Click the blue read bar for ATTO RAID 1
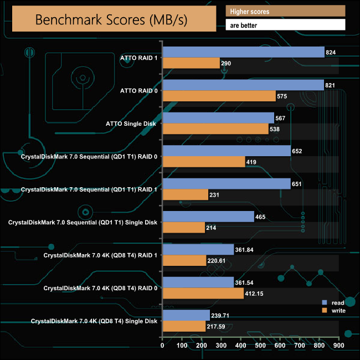243,52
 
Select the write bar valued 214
183,228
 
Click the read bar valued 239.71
186,316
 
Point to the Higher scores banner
285,12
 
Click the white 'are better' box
285,25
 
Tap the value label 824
331,53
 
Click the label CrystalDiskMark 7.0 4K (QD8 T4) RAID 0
100,288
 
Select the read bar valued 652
226,151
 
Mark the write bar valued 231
185,195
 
